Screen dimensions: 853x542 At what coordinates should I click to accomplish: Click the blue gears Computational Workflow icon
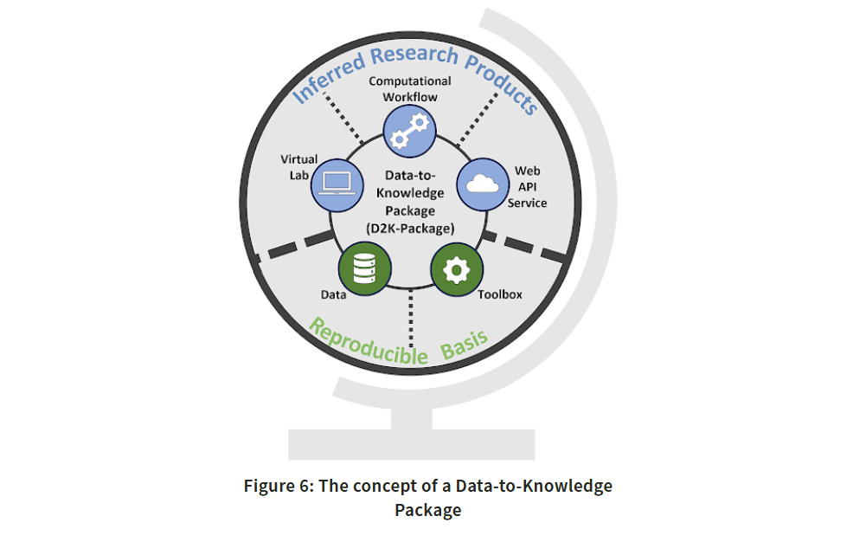click(409, 131)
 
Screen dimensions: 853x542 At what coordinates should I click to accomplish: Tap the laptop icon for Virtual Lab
click(337, 185)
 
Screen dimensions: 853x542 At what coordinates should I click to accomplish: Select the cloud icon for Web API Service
click(483, 184)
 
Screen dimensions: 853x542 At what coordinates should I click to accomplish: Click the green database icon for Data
click(364, 268)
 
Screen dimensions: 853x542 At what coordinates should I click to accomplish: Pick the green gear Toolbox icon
click(457, 269)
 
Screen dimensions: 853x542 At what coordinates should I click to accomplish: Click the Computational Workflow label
click(410, 89)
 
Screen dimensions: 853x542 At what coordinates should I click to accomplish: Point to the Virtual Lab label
click(298, 167)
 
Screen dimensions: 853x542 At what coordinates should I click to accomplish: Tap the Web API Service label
click(527, 187)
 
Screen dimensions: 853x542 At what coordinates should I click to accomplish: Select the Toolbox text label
click(500, 294)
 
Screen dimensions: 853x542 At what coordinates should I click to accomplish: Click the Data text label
click(333, 295)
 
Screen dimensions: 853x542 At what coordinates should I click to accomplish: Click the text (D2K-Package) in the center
click(410, 229)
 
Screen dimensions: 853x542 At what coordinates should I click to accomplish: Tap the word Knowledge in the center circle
click(410, 193)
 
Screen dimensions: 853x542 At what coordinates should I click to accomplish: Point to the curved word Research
click(414, 55)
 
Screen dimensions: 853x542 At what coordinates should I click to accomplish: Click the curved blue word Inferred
click(329, 77)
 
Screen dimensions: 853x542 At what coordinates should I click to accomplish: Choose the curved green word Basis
click(464, 345)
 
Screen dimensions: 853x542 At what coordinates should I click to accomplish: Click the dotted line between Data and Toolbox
click(411, 319)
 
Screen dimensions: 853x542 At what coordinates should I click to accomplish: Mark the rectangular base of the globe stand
click(412, 444)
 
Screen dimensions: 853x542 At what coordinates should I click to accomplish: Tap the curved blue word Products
click(502, 83)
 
